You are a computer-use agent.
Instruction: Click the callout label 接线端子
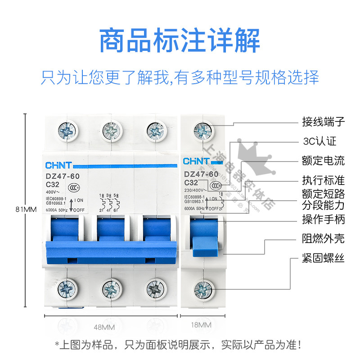(323, 121)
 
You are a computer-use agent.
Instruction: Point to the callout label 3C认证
(319, 141)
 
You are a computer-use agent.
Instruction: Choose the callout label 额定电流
(323, 161)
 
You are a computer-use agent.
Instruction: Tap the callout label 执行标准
(323, 180)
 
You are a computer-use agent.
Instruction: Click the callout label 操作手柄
(323, 220)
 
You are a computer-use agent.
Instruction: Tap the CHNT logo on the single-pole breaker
(196, 161)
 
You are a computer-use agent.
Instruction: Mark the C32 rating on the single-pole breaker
(192, 182)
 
